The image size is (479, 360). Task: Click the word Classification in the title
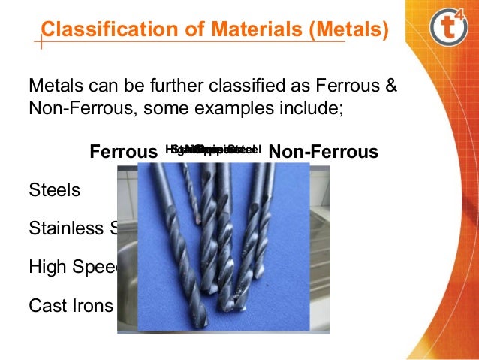[x=101, y=31]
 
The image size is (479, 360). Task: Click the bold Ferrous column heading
[x=123, y=153]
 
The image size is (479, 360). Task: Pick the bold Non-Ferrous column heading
[x=323, y=153]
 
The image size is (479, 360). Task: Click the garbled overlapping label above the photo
[x=213, y=150]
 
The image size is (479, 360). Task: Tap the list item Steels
[x=53, y=190]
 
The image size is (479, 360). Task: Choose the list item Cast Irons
[x=71, y=306]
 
